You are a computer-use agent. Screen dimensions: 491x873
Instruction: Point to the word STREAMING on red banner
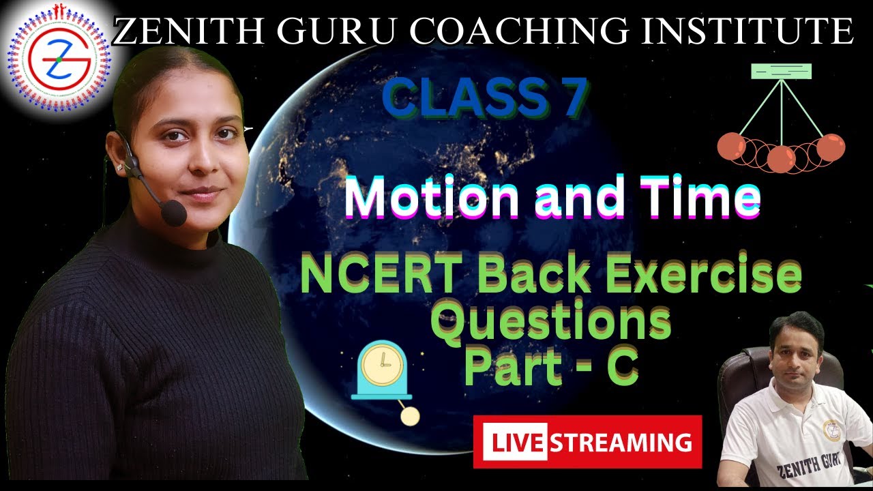[621, 442]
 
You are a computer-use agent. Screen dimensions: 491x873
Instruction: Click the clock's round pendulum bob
[409, 417]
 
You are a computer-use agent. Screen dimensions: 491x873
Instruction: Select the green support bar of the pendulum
[781, 71]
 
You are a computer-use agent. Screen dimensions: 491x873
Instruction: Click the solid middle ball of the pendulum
[782, 159]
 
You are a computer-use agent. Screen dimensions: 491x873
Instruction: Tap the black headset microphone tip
[175, 213]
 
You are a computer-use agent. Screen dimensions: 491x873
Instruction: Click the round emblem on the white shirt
[832, 429]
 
